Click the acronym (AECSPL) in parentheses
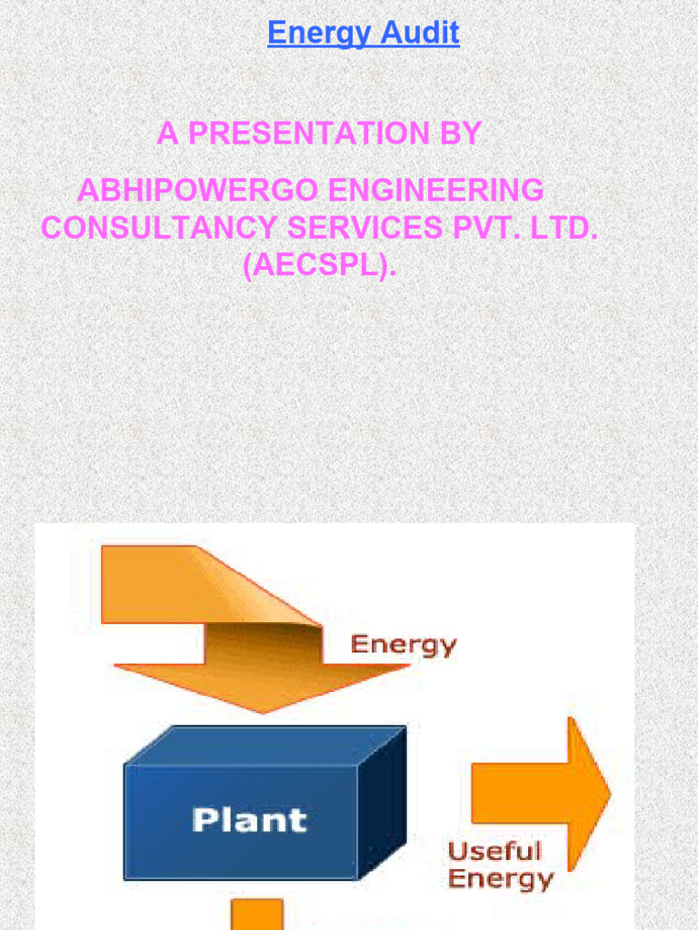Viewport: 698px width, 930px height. tap(320, 267)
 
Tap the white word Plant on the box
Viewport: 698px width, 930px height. tap(249, 821)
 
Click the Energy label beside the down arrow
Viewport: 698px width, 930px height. tap(404, 646)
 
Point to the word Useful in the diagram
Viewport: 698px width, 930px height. tap(494, 852)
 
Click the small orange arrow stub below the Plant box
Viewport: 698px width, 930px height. tap(256, 915)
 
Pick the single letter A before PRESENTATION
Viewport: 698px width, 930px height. tap(168, 134)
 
